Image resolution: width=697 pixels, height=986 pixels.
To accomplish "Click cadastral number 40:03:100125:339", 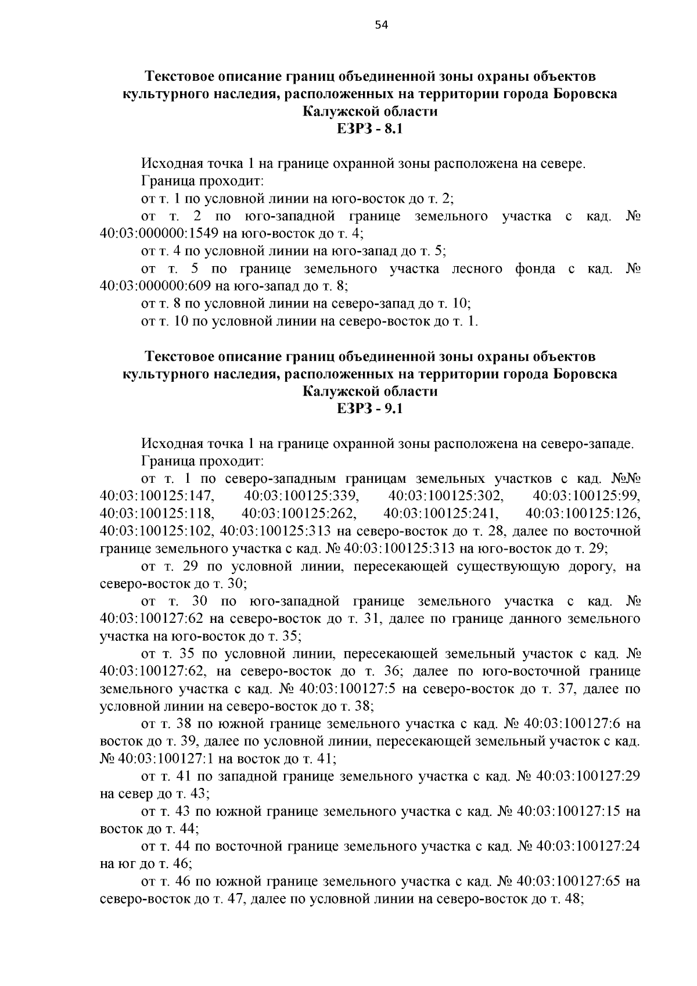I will (301, 496).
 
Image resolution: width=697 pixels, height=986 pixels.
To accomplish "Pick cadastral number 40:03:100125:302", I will (445, 496).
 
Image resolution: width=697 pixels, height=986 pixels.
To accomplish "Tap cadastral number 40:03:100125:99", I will (586, 496).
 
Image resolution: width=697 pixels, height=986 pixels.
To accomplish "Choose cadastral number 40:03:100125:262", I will (299, 514).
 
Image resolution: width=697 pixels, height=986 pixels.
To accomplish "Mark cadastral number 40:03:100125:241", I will (441, 514).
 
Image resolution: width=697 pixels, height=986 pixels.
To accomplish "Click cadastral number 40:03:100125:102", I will (157, 531).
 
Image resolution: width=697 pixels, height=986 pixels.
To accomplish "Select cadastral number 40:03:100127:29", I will (588, 776).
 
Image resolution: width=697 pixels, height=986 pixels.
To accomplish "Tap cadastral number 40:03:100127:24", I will (588, 846).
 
